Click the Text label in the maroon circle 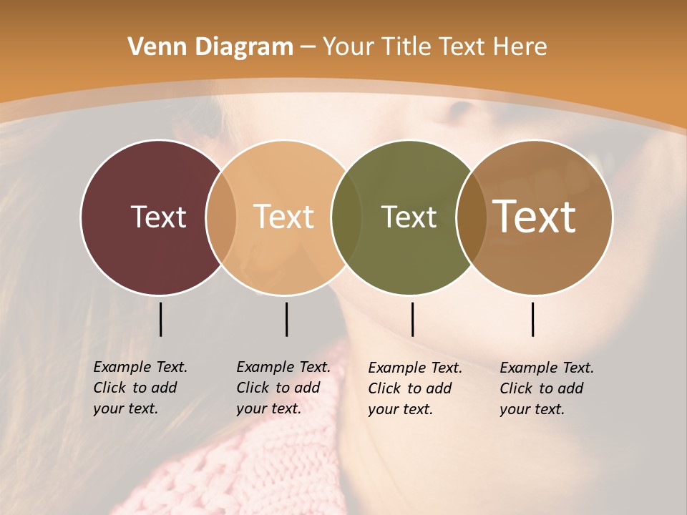click(158, 217)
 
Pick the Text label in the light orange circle click(284, 217)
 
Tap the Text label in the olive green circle click(409, 217)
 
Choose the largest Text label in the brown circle click(535, 217)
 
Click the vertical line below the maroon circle click(161, 319)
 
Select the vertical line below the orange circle click(286, 319)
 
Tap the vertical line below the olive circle click(412, 319)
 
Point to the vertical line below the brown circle click(533, 319)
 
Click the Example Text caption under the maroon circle click(140, 388)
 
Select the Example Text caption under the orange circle click(283, 388)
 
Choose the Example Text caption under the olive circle click(415, 388)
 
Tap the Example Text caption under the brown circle click(547, 388)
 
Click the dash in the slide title click(308, 48)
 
